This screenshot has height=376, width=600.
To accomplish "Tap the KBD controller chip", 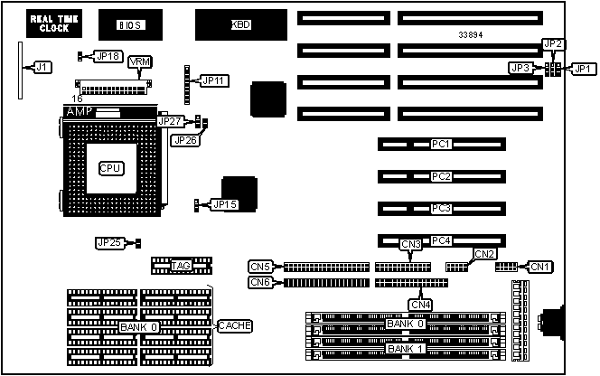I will point(240,24).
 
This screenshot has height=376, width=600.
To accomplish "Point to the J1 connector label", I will point(42,67).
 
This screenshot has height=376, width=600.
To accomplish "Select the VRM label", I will point(140,61).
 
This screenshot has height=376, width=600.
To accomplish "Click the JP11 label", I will point(213,81).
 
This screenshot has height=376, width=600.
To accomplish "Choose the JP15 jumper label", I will point(224,205).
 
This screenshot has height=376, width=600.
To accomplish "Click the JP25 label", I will point(108,242).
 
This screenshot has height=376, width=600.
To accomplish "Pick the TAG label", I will point(181,266).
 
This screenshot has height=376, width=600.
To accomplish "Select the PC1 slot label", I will point(441,144).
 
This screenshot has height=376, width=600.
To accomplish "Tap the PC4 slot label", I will point(441,240).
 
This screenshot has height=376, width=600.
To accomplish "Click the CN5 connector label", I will point(260,267).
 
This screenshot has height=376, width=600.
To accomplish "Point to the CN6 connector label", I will point(260,283).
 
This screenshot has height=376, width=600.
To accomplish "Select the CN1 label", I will point(540,267).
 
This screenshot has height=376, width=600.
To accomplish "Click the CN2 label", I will point(484,254).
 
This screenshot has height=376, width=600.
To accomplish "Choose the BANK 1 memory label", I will point(404,349).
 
